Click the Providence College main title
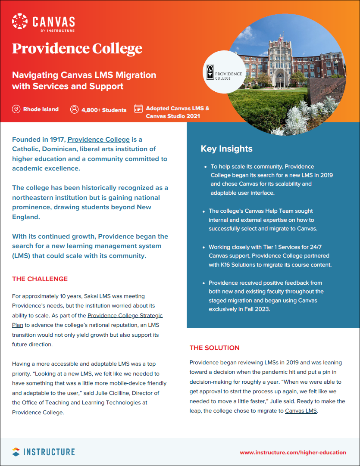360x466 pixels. point(77,48)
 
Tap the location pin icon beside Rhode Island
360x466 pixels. point(16,109)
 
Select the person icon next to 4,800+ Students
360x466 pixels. point(74,109)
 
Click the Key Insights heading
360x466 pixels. point(226,149)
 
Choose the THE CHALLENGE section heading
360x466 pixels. point(40,279)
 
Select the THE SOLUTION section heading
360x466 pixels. point(214,348)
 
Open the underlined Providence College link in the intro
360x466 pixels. point(98,140)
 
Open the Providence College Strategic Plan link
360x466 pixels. point(125,316)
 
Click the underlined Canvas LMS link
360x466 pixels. point(301,411)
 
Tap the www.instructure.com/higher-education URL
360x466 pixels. point(293,453)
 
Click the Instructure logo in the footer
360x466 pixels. point(43,452)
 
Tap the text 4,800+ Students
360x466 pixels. point(104,110)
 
